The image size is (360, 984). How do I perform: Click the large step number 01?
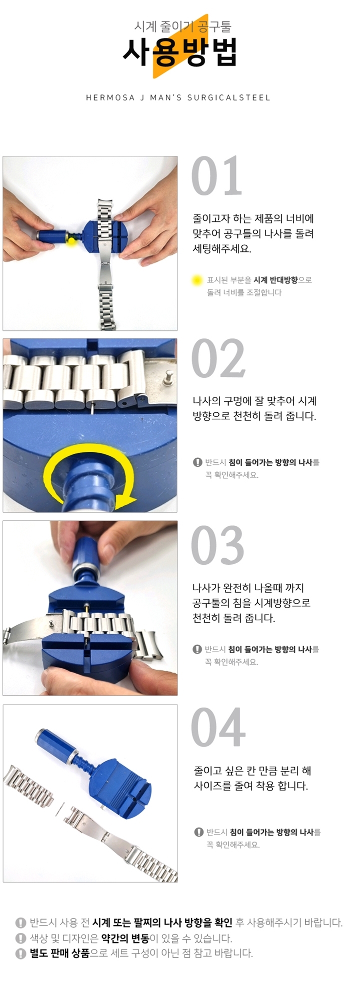[216, 176]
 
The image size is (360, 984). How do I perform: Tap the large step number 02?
[218, 358]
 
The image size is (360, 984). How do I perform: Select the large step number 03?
[217, 545]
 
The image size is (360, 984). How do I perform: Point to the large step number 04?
[218, 728]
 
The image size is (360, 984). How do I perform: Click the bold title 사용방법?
[180, 51]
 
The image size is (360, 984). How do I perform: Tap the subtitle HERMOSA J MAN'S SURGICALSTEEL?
[178, 97]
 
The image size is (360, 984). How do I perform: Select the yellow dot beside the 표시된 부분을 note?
[197, 280]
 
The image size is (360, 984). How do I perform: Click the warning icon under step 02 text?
[197, 462]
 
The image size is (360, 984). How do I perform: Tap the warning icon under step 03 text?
[197, 649]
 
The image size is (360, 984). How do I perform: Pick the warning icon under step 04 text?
[198, 832]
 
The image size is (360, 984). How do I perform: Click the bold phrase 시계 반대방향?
[275, 280]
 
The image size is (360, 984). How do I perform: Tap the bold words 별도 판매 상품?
[59, 953]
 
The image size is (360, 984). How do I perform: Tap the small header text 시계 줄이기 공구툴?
[182, 26]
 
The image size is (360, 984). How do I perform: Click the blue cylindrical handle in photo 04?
[55, 744]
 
